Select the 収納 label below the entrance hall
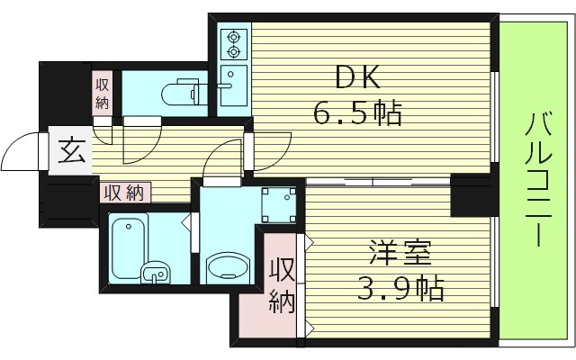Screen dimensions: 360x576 [124, 192]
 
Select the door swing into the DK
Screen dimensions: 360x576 [270, 148]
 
